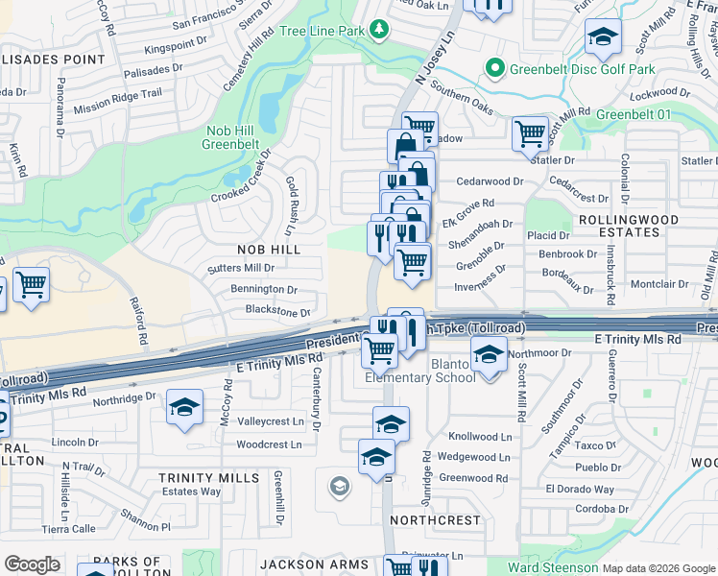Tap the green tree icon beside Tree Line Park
(x=380, y=31)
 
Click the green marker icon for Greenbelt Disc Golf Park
(x=494, y=69)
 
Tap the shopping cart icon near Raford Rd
(x=31, y=285)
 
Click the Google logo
(x=32, y=564)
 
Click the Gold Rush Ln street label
(x=290, y=206)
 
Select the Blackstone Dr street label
(x=278, y=312)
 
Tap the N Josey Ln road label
(x=432, y=58)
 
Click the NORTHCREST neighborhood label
(x=436, y=519)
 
